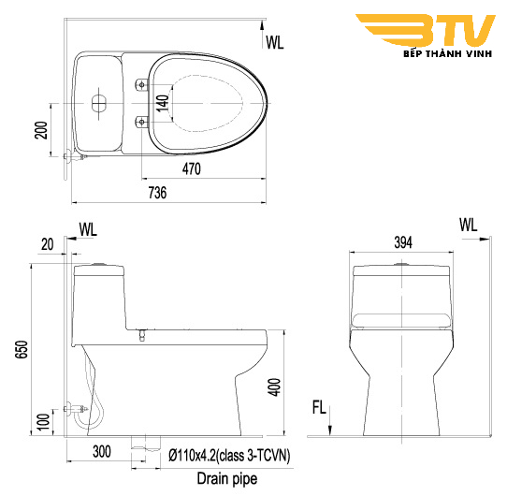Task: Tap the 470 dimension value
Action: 192,168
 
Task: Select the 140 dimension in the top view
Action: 163,103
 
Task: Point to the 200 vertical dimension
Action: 42,129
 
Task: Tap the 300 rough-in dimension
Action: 102,452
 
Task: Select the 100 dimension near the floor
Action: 42,422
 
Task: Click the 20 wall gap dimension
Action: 47,243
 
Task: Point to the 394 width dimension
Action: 403,242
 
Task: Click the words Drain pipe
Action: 227,478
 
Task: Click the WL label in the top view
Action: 275,41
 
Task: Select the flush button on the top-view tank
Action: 98,102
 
